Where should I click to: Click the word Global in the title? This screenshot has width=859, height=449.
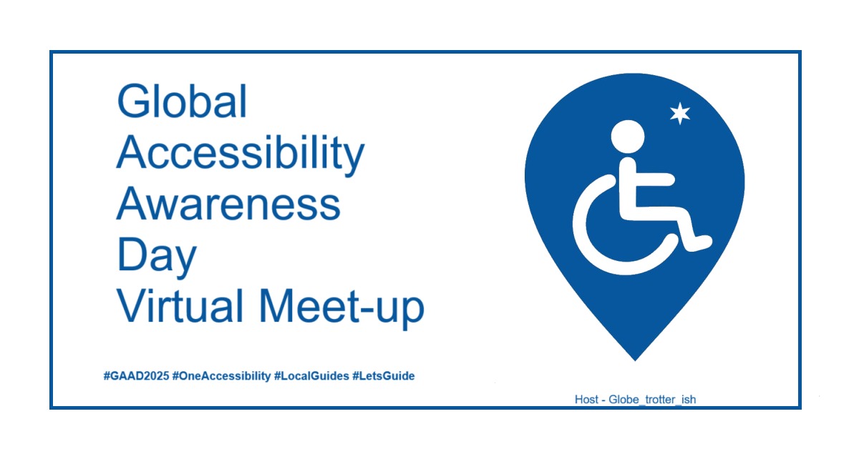click(x=182, y=101)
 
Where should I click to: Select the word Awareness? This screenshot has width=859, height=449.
click(x=228, y=204)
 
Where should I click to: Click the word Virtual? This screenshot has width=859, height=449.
click(x=180, y=306)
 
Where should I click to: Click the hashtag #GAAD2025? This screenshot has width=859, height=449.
click(x=136, y=376)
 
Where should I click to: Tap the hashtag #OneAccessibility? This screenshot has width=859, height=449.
click(x=222, y=376)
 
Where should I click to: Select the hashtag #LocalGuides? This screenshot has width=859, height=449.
click(x=311, y=376)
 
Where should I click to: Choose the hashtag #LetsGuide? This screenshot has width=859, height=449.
click(x=384, y=376)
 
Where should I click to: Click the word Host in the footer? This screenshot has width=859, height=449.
click(x=586, y=400)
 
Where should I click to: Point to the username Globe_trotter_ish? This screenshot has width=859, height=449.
click(x=652, y=400)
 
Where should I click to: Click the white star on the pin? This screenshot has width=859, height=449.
click(x=680, y=114)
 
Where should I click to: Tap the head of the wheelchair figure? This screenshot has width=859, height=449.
click(x=628, y=137)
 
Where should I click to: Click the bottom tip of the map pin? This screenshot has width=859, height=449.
click(x=635, y=360)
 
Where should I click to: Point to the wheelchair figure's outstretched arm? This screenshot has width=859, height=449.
click(x=654, y=179)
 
